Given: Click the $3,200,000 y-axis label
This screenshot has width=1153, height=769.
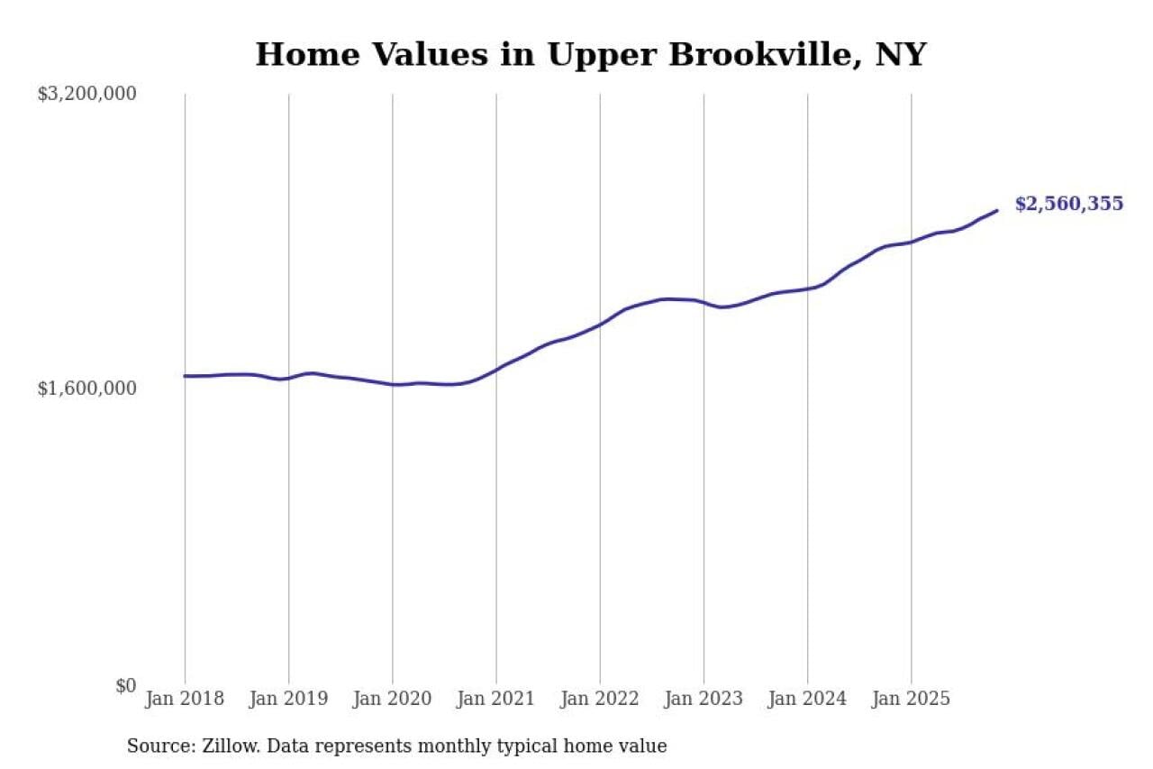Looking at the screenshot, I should point(87,94).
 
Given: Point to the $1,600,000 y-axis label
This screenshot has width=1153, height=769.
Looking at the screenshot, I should point(87,389).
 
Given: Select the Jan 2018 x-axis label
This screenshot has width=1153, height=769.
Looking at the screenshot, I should point(185,699).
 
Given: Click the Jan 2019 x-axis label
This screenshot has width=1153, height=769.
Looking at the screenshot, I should point(288,699).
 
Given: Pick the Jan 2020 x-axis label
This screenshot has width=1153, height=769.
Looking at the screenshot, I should point(393,699).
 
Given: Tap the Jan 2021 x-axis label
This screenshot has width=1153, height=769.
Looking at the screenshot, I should point(496,699).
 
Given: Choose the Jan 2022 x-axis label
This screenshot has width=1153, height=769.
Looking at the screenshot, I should point(600,699).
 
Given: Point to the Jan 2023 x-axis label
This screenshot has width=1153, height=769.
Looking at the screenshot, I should point(704,699).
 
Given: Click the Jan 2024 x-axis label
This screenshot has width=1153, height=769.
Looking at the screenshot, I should point(808,699).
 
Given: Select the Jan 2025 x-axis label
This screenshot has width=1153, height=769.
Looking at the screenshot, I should point(912,699).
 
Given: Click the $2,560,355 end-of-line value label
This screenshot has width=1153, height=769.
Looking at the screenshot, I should point(1069,204).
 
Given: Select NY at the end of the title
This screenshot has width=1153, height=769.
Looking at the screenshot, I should point(902,55).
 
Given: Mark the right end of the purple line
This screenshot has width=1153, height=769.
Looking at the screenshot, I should point(997,210).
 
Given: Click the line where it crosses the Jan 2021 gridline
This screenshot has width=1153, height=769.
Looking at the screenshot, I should point(496,370).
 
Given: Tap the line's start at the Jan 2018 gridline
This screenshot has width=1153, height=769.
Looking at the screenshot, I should point(185,376).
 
